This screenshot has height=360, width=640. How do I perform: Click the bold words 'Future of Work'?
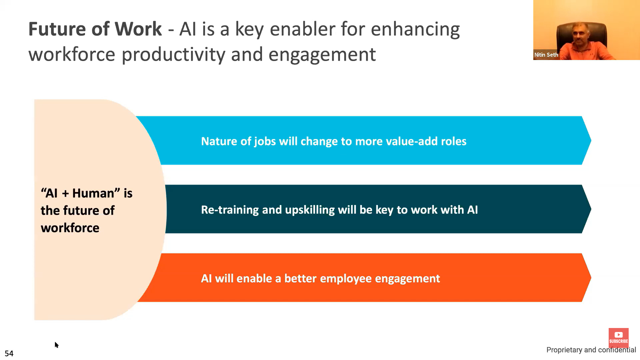click(95, 29)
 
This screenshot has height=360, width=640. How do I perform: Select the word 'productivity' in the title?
click(173, 55)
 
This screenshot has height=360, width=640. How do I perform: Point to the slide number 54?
click(9, 353)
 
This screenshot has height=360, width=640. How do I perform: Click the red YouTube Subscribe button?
click(618, 337)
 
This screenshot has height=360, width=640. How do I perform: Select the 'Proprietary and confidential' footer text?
click(591, 350)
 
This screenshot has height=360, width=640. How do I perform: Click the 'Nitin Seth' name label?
click(546, 55)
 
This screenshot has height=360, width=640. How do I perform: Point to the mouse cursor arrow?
click(56, 345)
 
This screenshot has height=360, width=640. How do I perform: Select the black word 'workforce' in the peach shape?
click(70, 228)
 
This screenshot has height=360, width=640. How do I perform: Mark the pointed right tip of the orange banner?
click(591, 278)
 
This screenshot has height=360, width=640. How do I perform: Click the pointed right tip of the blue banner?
click(591, 140)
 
